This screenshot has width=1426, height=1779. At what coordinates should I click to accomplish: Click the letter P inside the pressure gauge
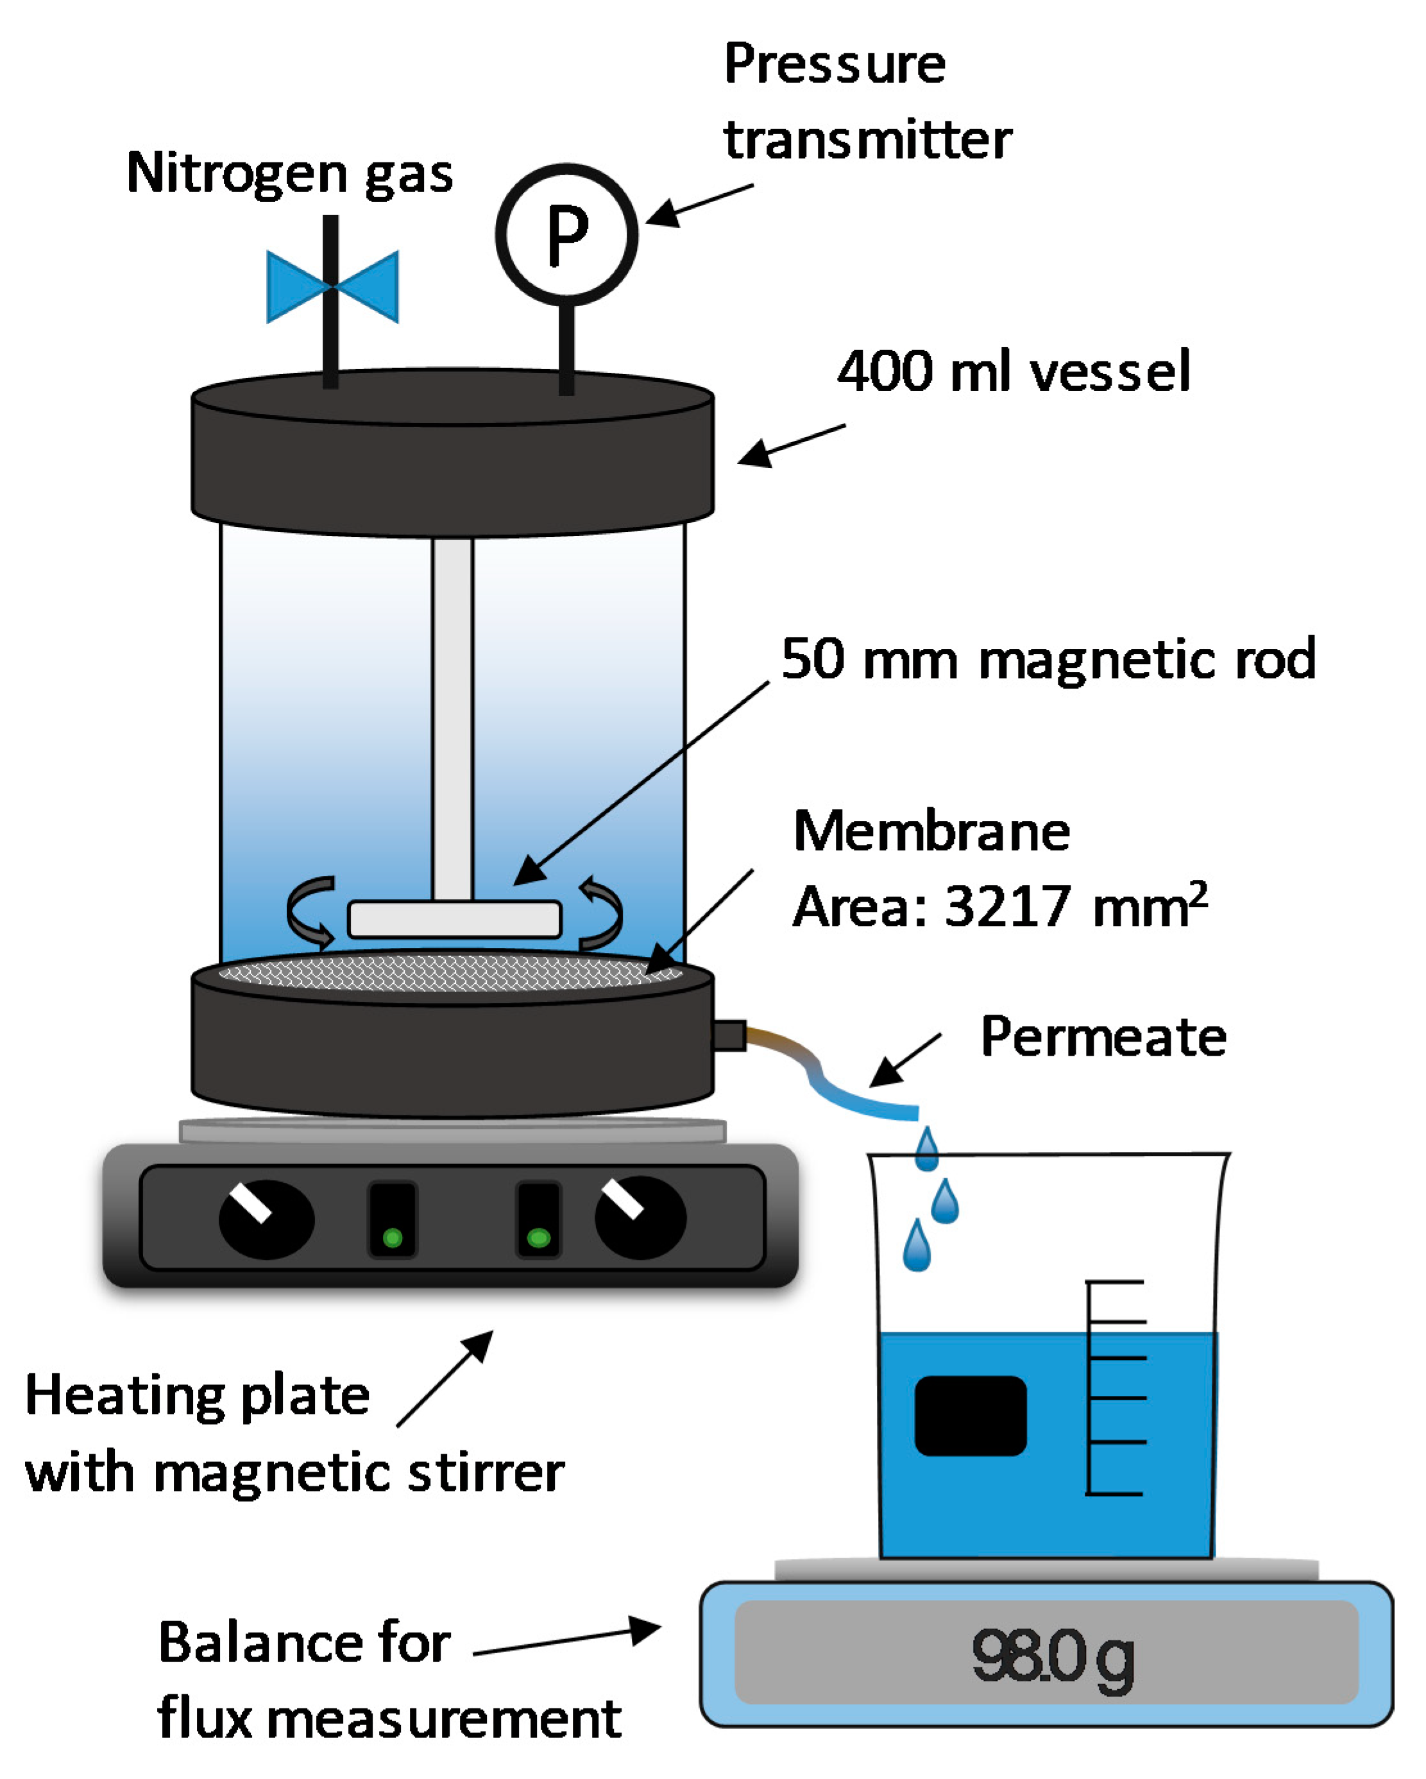point(568,237)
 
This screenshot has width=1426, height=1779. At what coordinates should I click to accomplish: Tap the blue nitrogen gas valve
point(332,286)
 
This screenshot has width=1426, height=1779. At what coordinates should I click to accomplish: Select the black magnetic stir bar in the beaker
point(970,1415)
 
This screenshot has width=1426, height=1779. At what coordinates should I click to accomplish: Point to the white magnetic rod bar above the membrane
point(454,919)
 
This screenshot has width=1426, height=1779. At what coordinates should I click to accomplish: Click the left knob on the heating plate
point(266,1219)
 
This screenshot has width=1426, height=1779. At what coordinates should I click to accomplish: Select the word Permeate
point(1103,1036)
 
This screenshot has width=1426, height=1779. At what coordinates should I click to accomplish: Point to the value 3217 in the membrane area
point(1008,906)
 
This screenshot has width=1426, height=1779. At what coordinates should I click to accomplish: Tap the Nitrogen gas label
point(289,173)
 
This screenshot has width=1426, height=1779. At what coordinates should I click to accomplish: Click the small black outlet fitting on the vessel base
point(729,1036)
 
